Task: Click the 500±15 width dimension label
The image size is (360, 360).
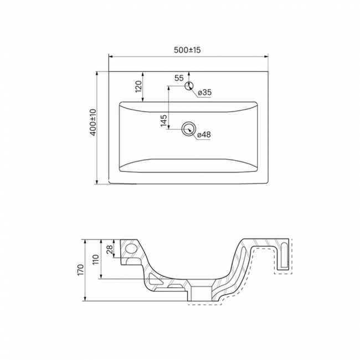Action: (x=187, y=50)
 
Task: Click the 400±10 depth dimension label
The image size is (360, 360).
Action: (x=93, y=122)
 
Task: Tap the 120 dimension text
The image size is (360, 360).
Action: (x=138, y=86)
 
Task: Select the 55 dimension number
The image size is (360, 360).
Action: (x=179, y=78)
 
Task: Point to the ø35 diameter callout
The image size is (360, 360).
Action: (x=204, y=92)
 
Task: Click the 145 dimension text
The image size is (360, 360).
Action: (x=164, y=120)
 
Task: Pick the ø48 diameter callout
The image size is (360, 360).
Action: (x=204, y=135)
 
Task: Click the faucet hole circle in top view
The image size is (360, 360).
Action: (x=189, y=86)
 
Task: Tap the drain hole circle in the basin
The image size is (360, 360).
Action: (x=189, y=129)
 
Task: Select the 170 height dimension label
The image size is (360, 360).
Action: (x=81, y=270)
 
